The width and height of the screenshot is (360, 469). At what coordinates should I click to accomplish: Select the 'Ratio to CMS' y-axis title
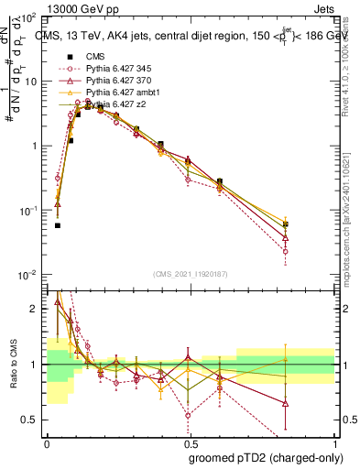(x=12, y=365)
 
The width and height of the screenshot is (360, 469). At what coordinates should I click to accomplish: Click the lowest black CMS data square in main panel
(x=57, y=225)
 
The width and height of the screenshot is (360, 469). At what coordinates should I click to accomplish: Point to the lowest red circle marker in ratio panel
(x=188, y=415)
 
